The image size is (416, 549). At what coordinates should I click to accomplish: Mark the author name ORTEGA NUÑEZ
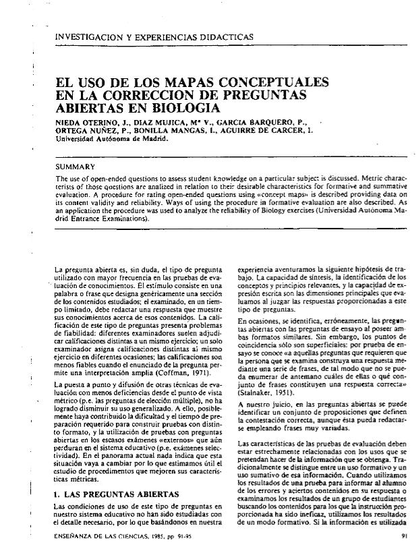click(83, 132)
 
